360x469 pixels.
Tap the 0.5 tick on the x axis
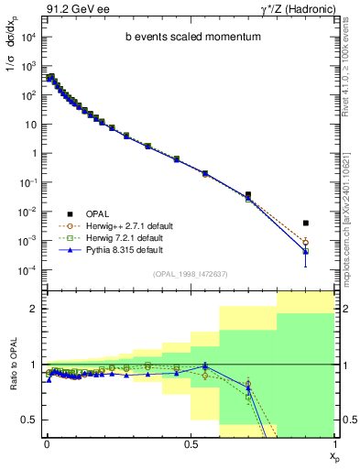tap(191, 442)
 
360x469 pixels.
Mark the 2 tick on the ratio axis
tap(32, 309)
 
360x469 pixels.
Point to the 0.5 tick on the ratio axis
tap(28, 420)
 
